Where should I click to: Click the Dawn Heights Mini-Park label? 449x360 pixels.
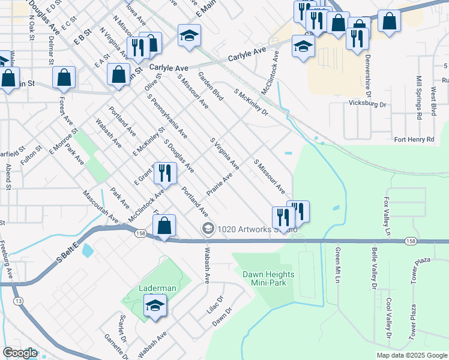pyautogui.click(x=268, y=279)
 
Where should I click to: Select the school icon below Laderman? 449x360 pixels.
pyautogui.click(x=155, y=306)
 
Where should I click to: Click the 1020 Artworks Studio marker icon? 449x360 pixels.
pyautogui.click(x=208, y=228)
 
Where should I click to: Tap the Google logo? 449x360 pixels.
pyautogui.click(x=20, y=353)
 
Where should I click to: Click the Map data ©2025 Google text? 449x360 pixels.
pyautogui.click(x=411, y=355)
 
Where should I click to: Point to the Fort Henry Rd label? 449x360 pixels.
pyautogui.click(x=414, y=140)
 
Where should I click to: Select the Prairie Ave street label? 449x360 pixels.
pyautogui.click(x=219, y=185)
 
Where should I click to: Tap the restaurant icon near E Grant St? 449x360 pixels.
pyautogui.click(x=164, y=173)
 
